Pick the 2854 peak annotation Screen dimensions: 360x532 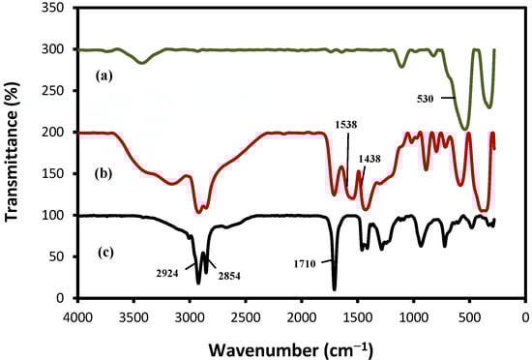tap(229, 276)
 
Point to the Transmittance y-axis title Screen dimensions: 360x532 tap(15, 157)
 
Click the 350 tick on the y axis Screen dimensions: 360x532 tap(55, 8)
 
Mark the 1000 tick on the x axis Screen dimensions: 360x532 tap(414, 315)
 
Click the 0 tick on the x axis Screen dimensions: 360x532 tap(525, 315)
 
